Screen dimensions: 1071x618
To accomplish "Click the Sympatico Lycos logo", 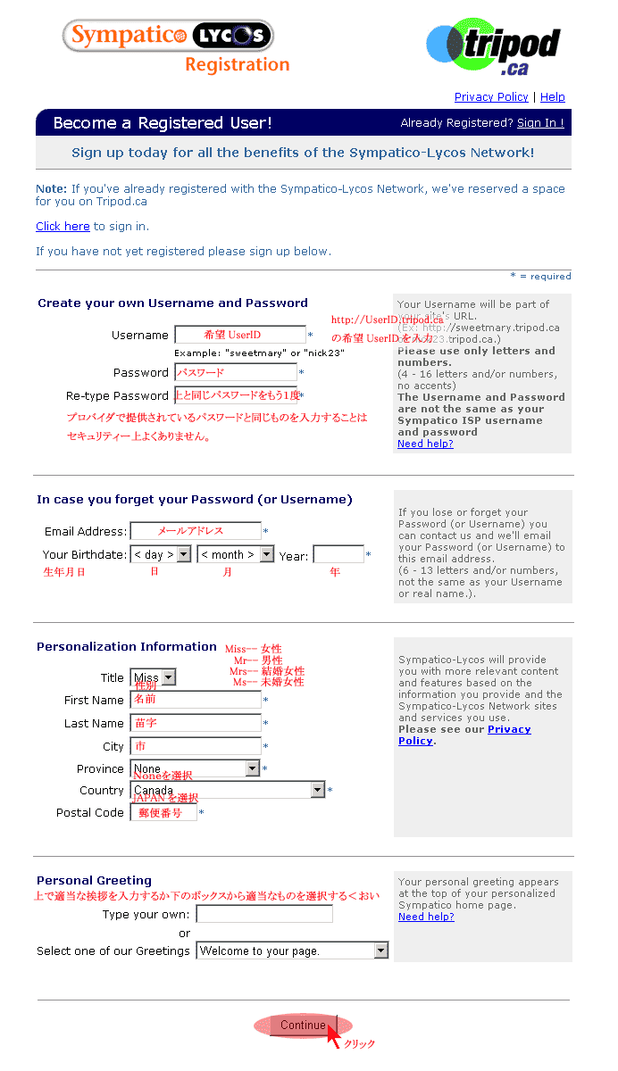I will pos(168,36).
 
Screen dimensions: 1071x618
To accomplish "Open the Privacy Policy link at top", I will pos(491,96).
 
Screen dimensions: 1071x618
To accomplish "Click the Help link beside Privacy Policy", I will pos(552,96).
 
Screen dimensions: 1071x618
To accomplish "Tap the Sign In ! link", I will pos(540,123).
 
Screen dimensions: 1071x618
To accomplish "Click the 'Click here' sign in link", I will pos(63,227).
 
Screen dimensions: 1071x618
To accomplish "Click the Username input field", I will pos(239,336).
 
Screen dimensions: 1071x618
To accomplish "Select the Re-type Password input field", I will pos(236,395).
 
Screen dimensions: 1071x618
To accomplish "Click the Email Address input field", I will pos(196,532).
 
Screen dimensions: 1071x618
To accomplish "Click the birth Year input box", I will pos(338,555).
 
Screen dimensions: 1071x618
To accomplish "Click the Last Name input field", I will pos(196,724).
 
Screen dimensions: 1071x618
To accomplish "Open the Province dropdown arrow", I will pos(252,768).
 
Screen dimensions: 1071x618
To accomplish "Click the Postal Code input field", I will pos(163,813).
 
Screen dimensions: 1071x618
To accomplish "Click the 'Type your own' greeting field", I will pos(264,915).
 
